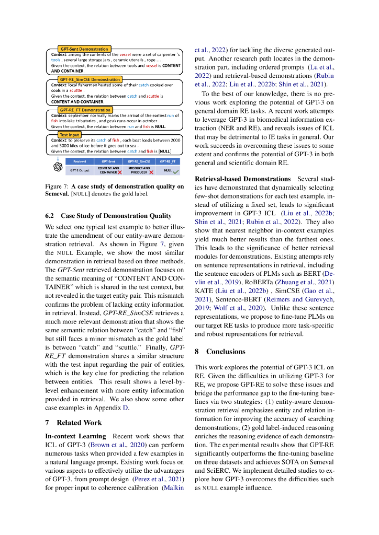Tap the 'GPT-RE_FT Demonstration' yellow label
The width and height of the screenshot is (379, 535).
coord(85,110)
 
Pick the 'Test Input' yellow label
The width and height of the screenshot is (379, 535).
coord(69,134)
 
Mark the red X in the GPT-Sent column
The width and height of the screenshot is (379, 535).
coord(119,172)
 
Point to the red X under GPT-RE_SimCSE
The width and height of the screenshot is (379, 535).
coord(150,172)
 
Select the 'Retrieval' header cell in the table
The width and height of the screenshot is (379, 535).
coord(80,162)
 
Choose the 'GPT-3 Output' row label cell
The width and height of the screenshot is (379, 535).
coord(80,170)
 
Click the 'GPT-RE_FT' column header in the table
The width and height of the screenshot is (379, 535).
coord(168,162)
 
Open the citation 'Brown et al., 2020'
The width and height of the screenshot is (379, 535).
coord(114,445)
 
